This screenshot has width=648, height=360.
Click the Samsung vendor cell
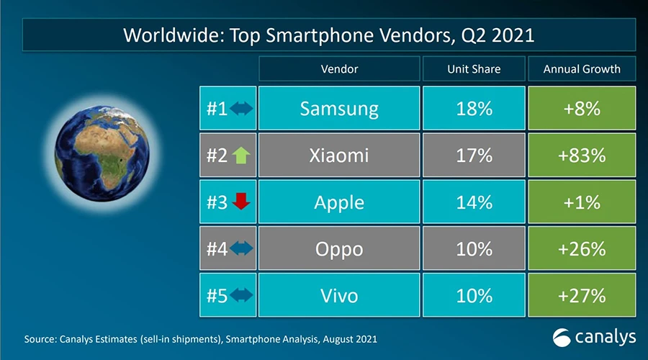pos(338,108)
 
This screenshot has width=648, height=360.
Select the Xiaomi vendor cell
pos(338,155)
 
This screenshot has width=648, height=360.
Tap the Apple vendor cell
pos(338,202)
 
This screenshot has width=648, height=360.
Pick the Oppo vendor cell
pos(338,248)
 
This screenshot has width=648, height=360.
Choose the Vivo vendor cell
pos(338,295)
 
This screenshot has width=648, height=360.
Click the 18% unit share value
pos(474,108)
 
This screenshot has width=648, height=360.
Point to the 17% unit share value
pos(474,155)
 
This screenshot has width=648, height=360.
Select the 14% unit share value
pos(474,202)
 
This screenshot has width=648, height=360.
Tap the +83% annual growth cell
pos(582,155)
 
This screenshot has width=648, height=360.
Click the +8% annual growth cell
pos(582,108)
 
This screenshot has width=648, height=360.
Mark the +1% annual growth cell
pos(582,202)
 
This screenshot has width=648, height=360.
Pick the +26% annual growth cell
pos(582,248)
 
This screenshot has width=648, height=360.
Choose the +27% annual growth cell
pos(582,295)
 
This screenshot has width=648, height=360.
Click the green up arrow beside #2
pos(241,156)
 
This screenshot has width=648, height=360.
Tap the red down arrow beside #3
pos(241,202)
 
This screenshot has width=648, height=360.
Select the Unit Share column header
pos(474,69)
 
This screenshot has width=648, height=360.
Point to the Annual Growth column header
pos(582,69)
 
